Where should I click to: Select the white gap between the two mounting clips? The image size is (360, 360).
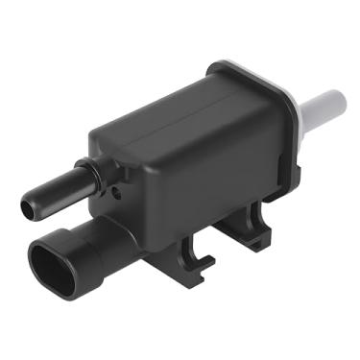tap(227, 254)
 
